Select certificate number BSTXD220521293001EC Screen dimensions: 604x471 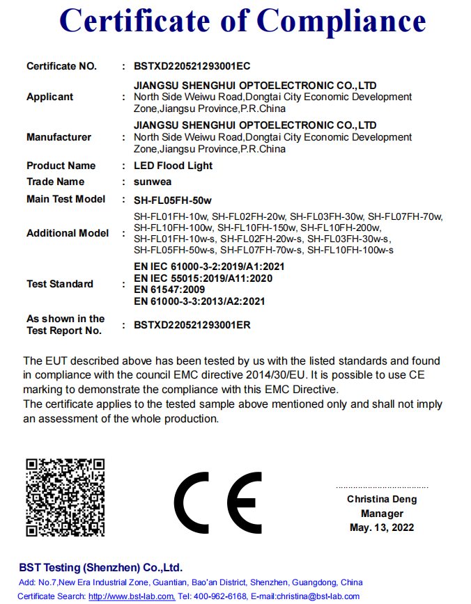[192, 66]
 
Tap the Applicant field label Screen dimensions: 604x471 [49, 97]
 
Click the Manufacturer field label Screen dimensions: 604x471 [59, 137]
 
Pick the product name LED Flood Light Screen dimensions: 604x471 [173, 166]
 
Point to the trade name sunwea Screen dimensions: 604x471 [153, 182]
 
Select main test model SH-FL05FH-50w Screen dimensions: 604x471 [173, 200]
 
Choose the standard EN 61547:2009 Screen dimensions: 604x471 [169, 289]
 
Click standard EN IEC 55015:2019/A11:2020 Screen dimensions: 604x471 [202, 278]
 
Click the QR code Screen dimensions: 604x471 [65, 497]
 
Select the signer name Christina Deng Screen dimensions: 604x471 [382, 499]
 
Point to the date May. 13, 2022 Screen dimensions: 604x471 [382, 527]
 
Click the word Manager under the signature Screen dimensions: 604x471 [382, 514]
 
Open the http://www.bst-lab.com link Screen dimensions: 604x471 [132, 596]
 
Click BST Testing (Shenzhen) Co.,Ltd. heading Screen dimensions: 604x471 [101, 567]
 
